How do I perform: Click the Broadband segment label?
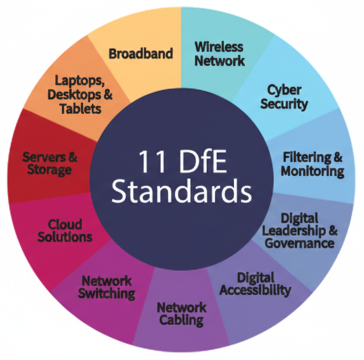[x=141, y=53]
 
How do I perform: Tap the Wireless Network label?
[x=220, y=53]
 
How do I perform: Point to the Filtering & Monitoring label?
[x=313, y=164]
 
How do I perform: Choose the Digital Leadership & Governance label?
[x=299, y=231]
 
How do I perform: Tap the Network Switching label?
[x=107, y=286]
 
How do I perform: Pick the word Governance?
[x=299, y=243]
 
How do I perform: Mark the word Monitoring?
[x=312, y=171]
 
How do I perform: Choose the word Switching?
[x=107, y=293]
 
